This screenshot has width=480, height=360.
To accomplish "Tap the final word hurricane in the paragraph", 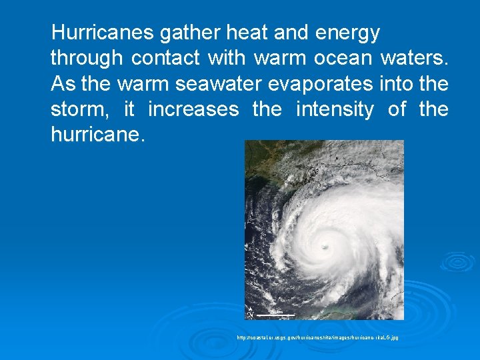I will [x=95, y=135].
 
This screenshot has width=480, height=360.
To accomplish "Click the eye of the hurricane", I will [x=325, y=246].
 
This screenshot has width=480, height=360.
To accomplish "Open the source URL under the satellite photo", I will [x=317, y=338].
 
